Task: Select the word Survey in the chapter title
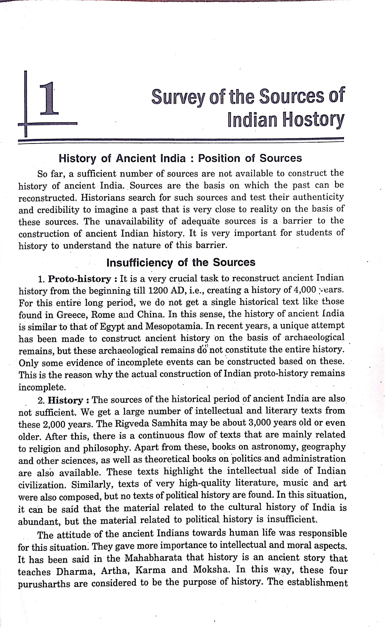[x=178, y=97]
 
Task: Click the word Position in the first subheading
[x=219, y=158]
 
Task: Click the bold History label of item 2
[x=65, y=400]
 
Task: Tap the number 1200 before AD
[x=157, y=290]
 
